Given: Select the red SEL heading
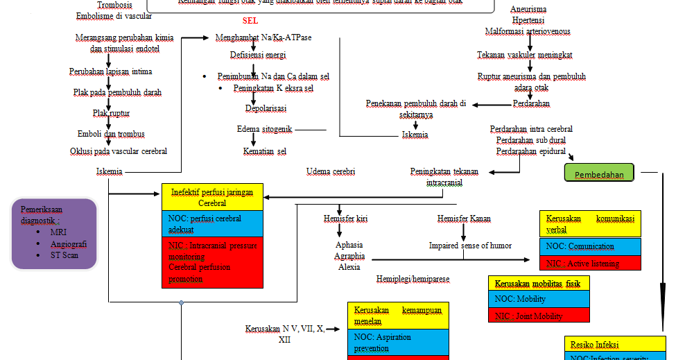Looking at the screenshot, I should (x=251, y=21).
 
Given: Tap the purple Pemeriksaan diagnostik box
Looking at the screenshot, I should (x=54, y=234).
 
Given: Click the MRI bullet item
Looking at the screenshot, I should (x=58, y=232).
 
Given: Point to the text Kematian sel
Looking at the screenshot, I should (x=264, y=151).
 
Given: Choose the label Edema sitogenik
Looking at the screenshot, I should (x=265, y=129).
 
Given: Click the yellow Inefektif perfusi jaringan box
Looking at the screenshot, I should (x=212, y=197).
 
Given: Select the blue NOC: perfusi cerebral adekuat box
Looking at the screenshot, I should (x=212, y=224).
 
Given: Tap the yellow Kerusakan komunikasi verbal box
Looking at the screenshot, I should (x=589, y=223).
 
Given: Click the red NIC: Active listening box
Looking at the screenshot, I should (x=589, y=263).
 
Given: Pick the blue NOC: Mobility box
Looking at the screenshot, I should (x=539, y=299).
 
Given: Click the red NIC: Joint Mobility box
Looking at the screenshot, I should (x=539, y=316).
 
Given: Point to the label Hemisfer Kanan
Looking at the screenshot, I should (x=464, y=219).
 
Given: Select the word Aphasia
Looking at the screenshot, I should (x=349, y=245).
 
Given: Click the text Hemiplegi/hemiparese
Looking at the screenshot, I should (x=413, y=279).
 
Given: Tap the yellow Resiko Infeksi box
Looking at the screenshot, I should (x=616, y=344).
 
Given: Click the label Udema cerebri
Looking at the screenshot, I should (x=331, y=171).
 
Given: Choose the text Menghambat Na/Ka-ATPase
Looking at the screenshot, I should (x=253, y=37).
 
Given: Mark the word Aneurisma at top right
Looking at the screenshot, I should (x=528, y=9).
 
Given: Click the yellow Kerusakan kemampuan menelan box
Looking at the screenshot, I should (x=398, y=316).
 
